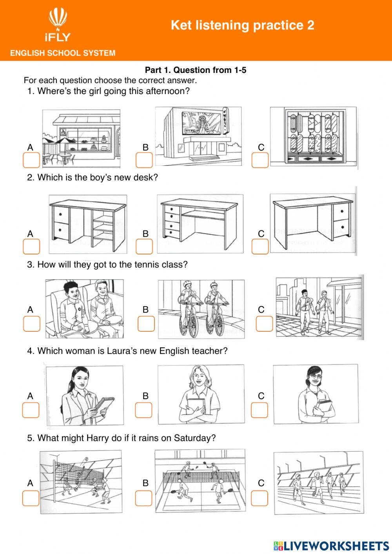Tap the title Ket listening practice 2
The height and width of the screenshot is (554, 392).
click(x=242, y=25)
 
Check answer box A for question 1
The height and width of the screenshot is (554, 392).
click(x=31, y=160)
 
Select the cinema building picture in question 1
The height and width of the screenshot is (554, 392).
click(x=198, y=136)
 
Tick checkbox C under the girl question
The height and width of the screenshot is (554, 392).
click(x=260, y=160)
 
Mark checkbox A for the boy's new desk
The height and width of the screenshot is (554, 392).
click(x=31, y=247)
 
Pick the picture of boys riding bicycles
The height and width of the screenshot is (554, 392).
click(x=201, y=309)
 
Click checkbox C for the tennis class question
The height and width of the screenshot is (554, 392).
click(x=264, y=323)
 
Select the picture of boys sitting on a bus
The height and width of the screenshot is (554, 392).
click(x=84, y=309)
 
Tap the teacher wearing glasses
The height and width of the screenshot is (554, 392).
click(x=316, y=394)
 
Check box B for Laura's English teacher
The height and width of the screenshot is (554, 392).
click(x=143, y=410)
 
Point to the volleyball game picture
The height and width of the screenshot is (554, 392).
click(x=81, y=482)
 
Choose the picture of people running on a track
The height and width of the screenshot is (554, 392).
click(x=318, y=483)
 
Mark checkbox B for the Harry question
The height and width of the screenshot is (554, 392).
click(x=143, y=498)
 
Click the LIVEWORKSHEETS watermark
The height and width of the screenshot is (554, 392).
click(x=331, y=545)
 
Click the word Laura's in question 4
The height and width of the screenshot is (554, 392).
click(x=122, y=351)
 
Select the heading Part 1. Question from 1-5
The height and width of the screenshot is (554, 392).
click(x=196, y=70)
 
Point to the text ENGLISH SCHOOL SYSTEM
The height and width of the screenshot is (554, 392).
click(x=63, y=53)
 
